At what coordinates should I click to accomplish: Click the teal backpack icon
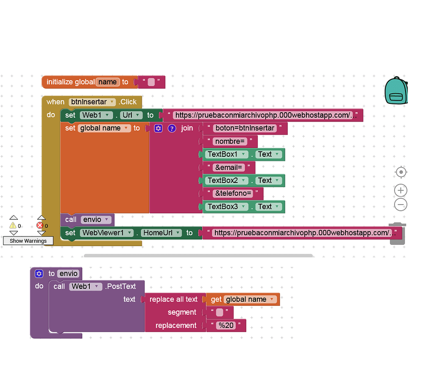396,91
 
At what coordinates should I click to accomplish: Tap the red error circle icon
40,225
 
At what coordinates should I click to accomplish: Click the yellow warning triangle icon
13,225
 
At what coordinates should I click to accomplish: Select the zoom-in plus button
401,190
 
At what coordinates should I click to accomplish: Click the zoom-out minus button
401,205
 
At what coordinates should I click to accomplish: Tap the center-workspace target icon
401,172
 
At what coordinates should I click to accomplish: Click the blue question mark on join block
172,128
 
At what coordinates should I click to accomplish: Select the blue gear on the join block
159,128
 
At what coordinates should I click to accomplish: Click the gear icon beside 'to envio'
39,274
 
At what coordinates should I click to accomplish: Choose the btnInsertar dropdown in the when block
92,102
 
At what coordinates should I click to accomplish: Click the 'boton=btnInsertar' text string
245,128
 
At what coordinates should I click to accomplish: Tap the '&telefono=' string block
233,193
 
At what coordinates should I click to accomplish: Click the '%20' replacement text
226,325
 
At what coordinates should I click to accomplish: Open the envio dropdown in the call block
96,219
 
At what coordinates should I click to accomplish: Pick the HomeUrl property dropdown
161,233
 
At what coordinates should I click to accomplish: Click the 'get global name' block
243,299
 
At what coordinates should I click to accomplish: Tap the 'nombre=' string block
230,141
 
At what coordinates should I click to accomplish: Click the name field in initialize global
108,82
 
